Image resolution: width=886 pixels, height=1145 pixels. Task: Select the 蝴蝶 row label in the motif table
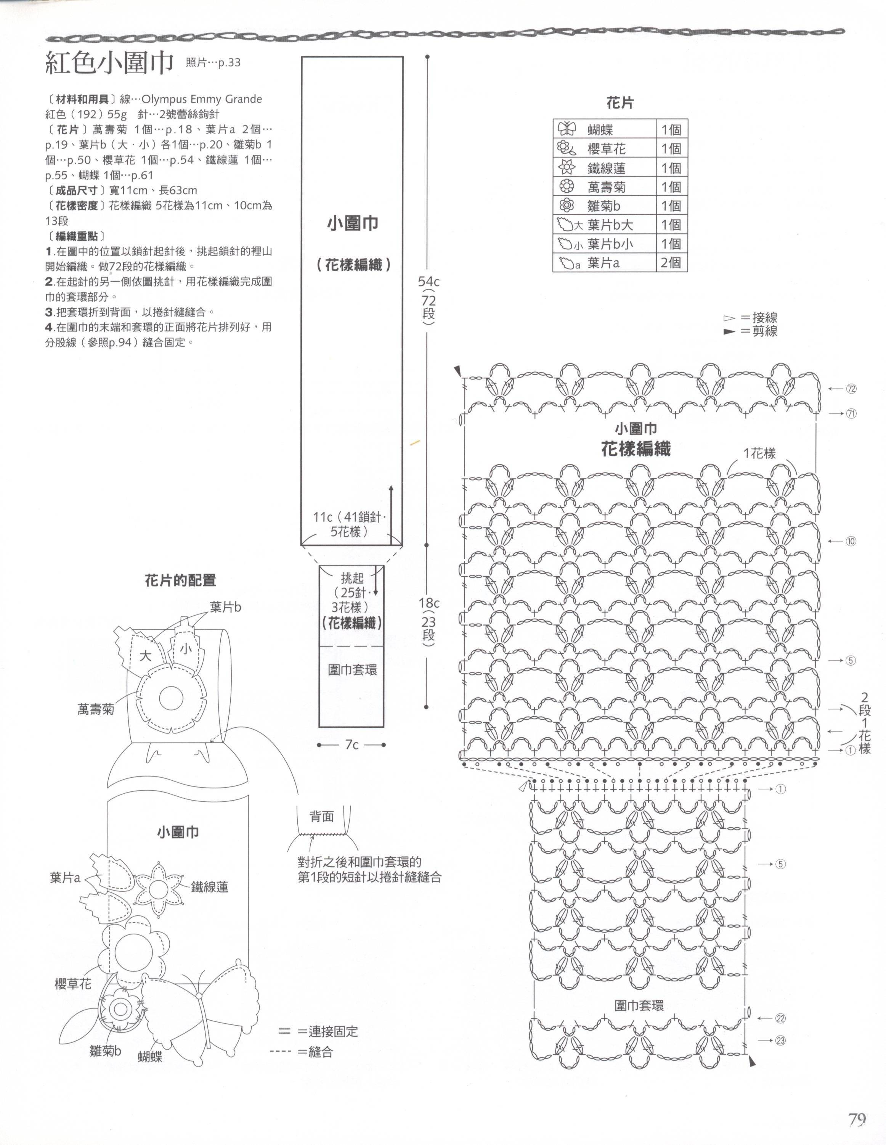point(600,130)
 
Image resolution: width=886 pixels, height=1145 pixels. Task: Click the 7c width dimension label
point(352,745)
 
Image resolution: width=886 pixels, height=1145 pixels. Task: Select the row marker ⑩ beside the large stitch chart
point(851,541)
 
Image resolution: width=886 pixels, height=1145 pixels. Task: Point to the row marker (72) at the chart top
point(851,389)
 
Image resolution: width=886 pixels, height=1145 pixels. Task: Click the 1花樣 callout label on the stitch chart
point(759,453)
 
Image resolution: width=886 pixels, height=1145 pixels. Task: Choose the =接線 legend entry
point(759,317)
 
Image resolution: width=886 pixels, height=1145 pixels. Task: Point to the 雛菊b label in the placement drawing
point(105,1051)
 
